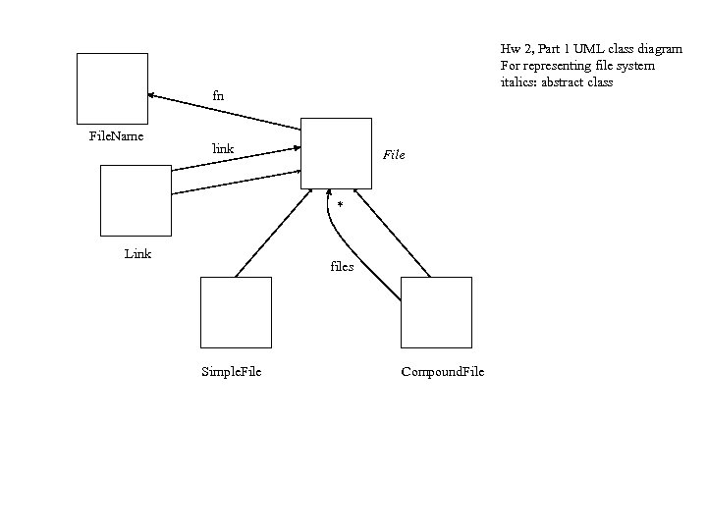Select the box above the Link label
(x=136, y=200)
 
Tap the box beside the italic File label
(x=336, y=152)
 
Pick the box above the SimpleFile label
(x=236, y=312)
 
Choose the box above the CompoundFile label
(x=436, y=312)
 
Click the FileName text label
(x=116, y=134)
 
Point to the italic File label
(x=394, y=155)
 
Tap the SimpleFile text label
(x=231, y=371)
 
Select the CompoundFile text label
(x=442, y=371)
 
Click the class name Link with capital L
(x=137, y=254)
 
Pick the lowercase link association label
(x=224, y=149)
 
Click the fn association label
(x=218, y=95)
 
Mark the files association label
(x=342, y=266)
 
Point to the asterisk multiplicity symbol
(x=340, y=205)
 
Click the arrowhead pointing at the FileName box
(x=152, y=95)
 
